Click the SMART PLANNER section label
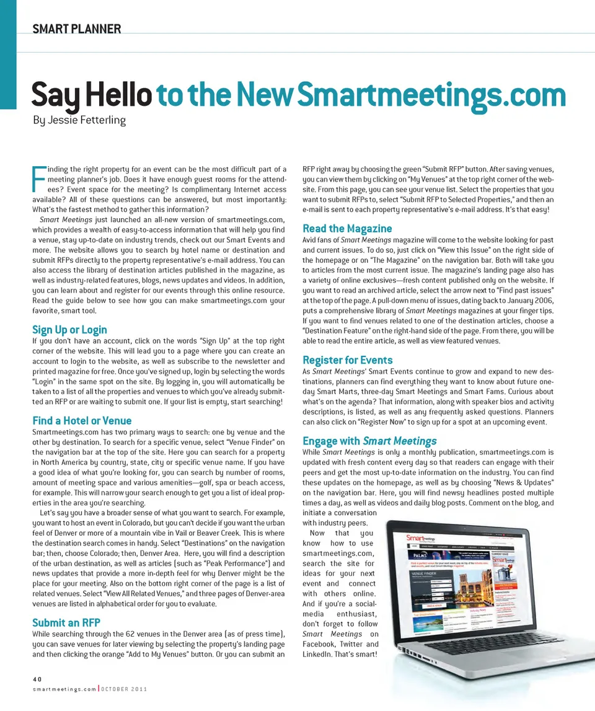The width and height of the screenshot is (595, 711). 76,29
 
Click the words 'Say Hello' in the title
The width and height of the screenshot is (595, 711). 92,96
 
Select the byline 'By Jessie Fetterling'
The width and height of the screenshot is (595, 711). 79,120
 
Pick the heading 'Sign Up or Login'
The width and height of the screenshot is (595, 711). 69,330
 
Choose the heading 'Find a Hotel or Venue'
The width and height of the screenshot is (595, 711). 82,421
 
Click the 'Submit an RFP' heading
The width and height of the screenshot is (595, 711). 66,622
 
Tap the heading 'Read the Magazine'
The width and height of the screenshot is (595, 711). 347,229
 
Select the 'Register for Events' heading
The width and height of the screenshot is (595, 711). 347,360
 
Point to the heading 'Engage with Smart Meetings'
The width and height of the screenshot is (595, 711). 369,441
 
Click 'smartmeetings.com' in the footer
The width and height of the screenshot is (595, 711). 65,689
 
